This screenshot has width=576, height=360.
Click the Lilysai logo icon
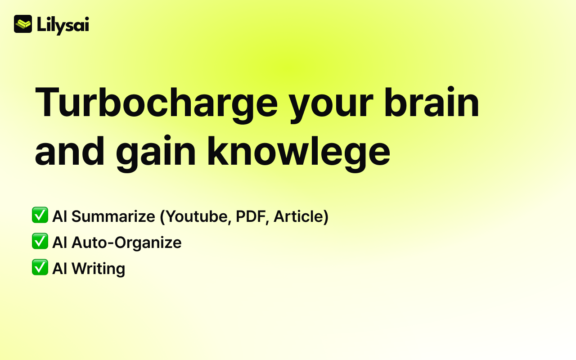23,24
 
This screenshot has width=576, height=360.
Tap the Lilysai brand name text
63,26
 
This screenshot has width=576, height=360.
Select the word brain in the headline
432,102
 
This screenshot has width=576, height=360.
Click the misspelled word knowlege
299,153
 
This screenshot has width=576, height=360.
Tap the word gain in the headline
156,153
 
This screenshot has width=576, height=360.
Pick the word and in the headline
70,151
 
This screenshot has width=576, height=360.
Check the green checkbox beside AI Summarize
40,215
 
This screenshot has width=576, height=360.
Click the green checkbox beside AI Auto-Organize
40,241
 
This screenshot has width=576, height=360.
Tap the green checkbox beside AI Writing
40,267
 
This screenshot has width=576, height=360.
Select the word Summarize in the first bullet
113,216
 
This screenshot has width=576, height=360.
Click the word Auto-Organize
126,243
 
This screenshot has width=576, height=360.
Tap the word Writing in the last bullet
99,269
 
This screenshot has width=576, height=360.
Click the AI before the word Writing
60,269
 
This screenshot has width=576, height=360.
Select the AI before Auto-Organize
60,243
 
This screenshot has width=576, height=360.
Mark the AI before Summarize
60,216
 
